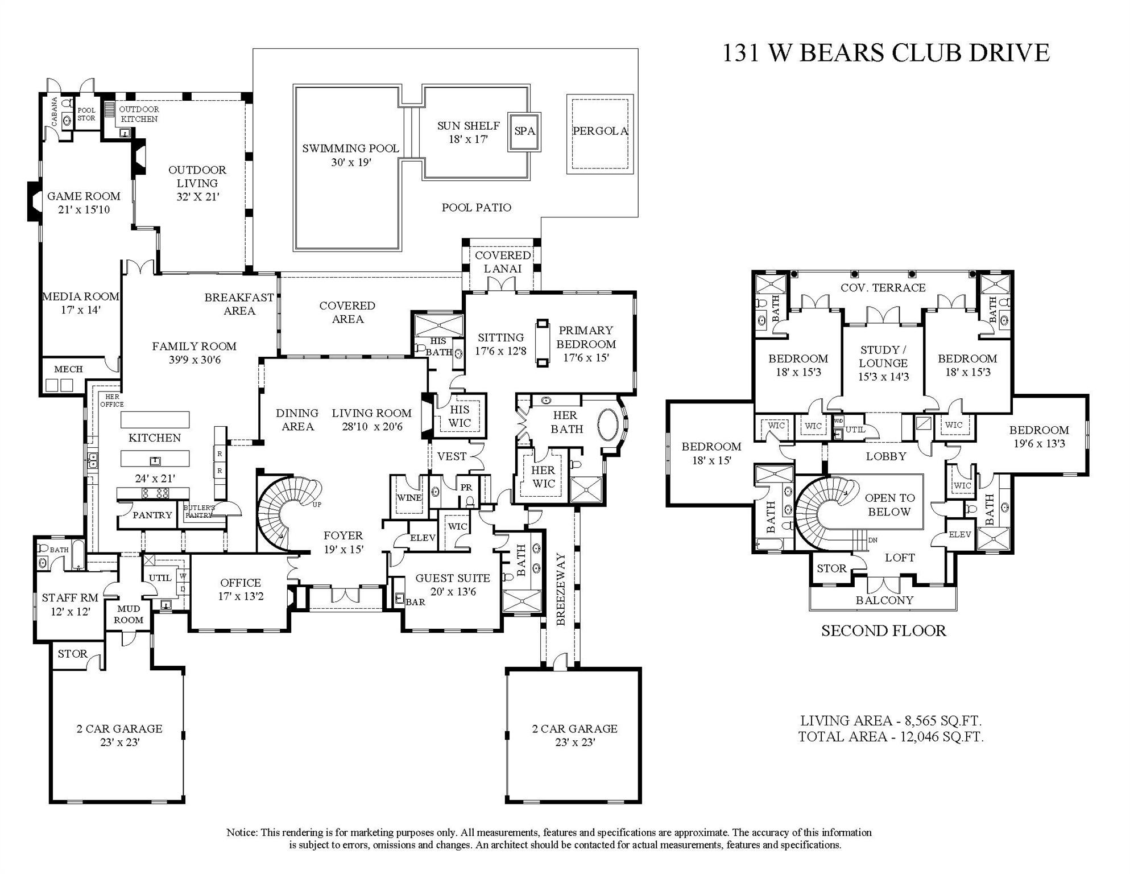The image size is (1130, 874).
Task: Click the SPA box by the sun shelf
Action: pos(524,131)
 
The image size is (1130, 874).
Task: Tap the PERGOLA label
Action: pos(600,131)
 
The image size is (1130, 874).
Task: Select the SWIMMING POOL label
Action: pos(350,149)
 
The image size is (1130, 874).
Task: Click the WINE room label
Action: pos(409,497)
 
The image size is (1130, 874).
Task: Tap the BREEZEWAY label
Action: pos(561,589)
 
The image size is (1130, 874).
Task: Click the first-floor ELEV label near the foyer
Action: pos(423,538)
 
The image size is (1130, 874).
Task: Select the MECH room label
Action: pos(68,369)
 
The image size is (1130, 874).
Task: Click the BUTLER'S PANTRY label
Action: pos(199,511)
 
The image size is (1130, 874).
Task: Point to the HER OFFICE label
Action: pos(112,401)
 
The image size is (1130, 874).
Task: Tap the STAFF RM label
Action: pos(70,598)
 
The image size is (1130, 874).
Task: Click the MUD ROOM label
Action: pos(129,615)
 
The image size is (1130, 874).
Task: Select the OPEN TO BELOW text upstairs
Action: pos(889,505)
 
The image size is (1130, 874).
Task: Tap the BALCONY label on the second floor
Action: pos(884,600)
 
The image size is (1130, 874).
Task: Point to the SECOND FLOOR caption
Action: pos(883,631)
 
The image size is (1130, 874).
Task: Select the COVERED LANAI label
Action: pos(503,262)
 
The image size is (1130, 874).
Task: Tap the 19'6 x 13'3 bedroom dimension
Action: pos(1039,444)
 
